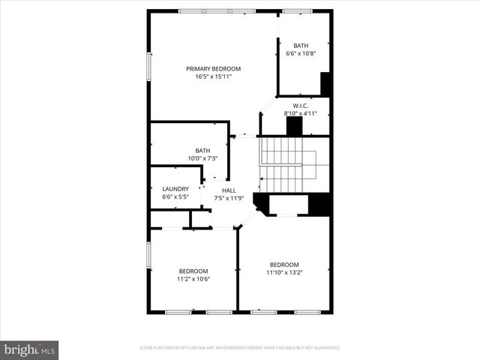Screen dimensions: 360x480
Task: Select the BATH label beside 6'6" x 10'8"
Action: [301, 46]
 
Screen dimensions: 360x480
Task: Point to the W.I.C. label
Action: [301, 106]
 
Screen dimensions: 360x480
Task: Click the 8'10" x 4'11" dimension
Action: [301, 113]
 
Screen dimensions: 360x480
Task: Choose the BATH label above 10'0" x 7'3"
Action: [202, 150]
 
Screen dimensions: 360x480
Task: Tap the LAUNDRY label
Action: [175, 189]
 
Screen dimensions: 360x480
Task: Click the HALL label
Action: [229, 190]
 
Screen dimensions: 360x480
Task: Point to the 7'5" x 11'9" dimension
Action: [229, 198]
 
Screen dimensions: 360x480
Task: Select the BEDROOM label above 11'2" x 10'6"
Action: [193, 271]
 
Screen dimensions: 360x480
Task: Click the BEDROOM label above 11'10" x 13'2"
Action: [284, 264]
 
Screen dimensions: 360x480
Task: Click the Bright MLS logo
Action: [29, 349]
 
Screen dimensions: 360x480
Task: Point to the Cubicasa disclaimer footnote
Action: [240, 348]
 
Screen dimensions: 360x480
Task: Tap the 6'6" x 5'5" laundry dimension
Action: [175, 196]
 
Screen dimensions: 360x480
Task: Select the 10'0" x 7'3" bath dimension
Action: [202, 158]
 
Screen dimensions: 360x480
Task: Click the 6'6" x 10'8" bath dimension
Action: [301, 53]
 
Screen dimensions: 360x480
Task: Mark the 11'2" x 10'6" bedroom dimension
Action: [193, 279]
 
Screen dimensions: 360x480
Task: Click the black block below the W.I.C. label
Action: [294, 127]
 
